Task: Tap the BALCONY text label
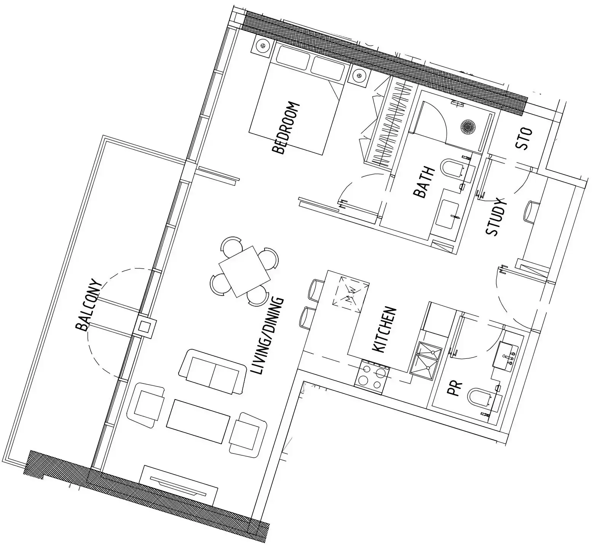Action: (x=89, y=306)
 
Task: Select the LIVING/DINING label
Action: (x=268, y=336)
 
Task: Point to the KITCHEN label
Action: (x=385, y=330)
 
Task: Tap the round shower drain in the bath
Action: (x=468, y=126)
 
